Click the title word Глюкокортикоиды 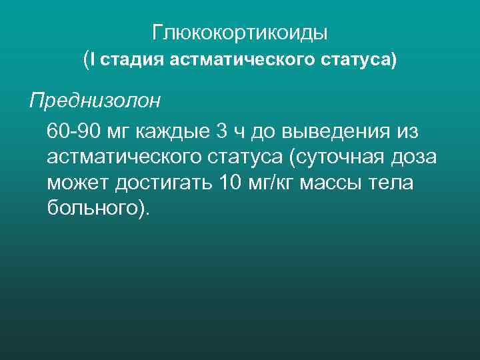(x=240, y=32)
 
